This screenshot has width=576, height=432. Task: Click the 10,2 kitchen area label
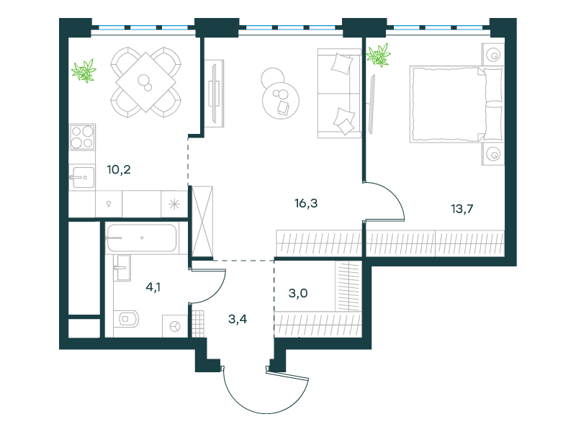point(119,170)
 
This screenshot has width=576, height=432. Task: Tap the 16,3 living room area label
point(306,203)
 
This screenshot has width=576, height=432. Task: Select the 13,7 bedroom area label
point(462,209)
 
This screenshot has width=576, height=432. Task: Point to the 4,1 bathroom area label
point(153,287)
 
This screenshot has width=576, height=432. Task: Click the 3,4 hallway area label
point(238,319)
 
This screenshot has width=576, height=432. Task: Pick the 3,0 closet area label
point(298,294)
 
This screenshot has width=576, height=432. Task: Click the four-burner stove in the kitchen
point(82,137)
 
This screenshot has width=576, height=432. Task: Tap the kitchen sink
point(81,177)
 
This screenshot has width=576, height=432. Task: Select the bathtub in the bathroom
point(142,238)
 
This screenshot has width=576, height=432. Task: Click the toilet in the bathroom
point(126,319)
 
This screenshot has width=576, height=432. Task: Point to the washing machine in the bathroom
point(175,326)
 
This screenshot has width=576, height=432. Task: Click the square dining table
point(146,82)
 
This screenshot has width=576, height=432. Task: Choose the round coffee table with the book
point(281,100)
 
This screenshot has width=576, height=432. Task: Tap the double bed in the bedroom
point(456,104)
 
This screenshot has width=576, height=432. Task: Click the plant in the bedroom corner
point(379,55)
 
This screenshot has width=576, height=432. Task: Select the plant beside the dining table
point(84,71)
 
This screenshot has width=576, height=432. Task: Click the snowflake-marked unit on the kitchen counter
point(174,204)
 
